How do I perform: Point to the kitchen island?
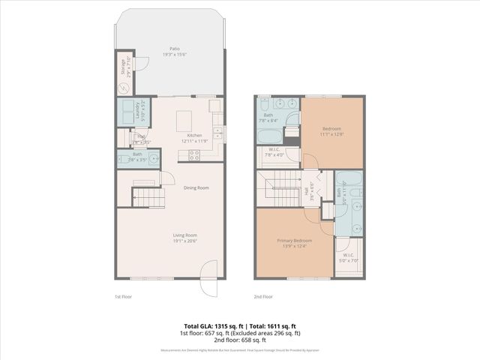coord(187,121)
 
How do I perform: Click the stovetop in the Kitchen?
coord(193,155)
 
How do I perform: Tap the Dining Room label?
coord(196,187)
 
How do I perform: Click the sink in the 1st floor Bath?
coord(153,157)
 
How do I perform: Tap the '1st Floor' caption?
coord(124,297)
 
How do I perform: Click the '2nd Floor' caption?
coord(263,297)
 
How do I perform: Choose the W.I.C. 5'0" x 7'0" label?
coord(348,257)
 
